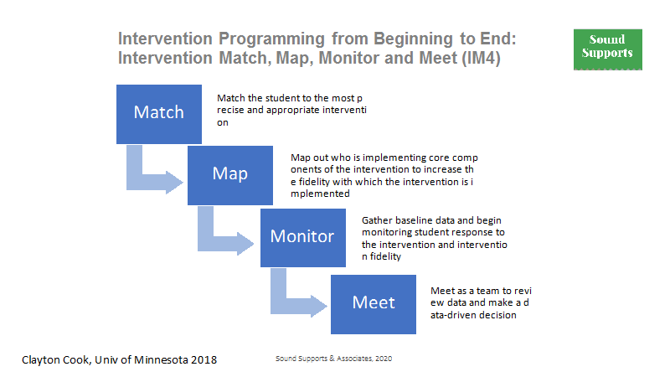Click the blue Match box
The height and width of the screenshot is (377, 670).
tap(159, 114)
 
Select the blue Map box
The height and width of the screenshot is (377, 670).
tap(230, 175)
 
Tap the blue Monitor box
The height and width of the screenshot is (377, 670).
tap(303, 238)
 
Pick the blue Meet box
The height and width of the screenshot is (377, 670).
tap(374, 304)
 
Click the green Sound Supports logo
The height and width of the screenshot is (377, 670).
tap(608, 49)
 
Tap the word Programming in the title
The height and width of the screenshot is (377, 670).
tap(271, 39)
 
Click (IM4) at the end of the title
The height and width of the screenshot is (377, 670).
tap(481, 58)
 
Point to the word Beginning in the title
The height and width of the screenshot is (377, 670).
tap(413, 39)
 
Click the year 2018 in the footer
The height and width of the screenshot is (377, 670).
tap(204, 360)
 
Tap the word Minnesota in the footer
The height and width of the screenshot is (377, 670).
tap(161, 360)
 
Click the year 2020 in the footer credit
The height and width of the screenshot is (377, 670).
tap(384, 359)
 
